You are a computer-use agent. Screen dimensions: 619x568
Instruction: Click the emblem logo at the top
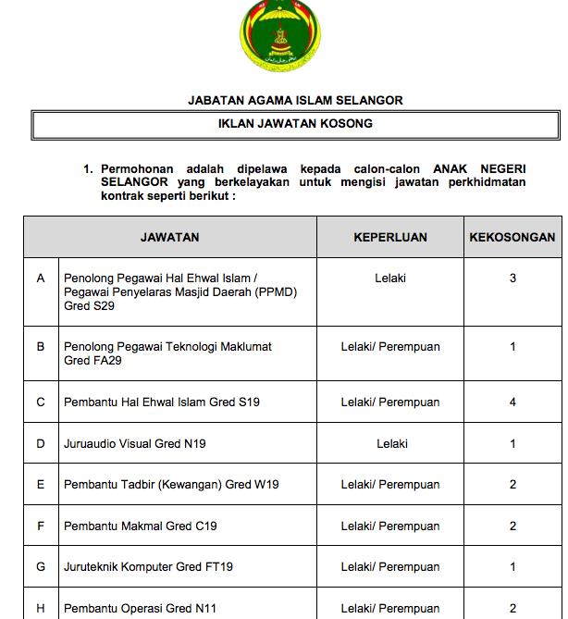coord(281,38)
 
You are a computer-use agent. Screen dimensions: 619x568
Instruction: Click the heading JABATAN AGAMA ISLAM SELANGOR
coord(295,101)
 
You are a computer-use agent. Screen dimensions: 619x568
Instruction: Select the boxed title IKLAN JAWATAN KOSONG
coord(295,123)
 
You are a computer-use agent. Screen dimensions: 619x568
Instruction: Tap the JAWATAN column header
coord(169,237)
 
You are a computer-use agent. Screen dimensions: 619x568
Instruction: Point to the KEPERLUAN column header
coord(390,237)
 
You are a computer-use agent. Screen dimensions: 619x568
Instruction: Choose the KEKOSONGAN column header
coord(512,237)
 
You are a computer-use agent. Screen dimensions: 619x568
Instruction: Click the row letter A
coord(41,279)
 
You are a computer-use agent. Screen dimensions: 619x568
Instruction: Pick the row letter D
coord(41,444)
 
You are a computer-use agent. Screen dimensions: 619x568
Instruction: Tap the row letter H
coord(41,609)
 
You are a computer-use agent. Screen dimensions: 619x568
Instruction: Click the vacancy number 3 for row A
coord(512,279)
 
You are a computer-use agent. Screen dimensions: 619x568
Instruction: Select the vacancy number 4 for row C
coord(512,402)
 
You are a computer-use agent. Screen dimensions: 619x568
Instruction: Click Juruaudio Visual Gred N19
coord(135,444)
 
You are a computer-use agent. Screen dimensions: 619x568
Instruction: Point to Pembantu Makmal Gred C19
coord(141,526)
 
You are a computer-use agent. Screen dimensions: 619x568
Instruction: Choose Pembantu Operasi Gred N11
coord(141,609)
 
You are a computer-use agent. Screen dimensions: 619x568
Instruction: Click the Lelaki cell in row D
coord(391,444)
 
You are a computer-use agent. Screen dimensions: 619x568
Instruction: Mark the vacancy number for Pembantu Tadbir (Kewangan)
coord(512,485)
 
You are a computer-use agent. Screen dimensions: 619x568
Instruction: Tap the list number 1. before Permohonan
coord(89,169)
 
